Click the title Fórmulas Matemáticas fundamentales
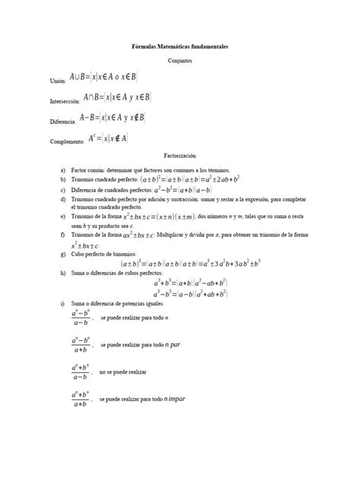click(179, 47)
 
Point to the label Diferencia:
click(62, 121)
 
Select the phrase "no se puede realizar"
click(123, 372)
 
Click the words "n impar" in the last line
click(175, 399)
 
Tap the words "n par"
click(173, 345)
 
